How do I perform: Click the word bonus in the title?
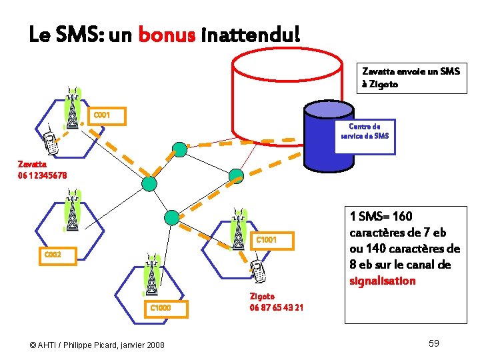point(167,34)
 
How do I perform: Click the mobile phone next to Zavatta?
point(48,141)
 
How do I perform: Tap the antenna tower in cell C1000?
point(151,275)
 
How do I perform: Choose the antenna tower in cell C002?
point(71,210)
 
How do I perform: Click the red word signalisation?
point(383,281)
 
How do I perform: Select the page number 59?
point(433,343)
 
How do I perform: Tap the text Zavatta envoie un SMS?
point(411,71)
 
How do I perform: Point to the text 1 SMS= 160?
point(381,217)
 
